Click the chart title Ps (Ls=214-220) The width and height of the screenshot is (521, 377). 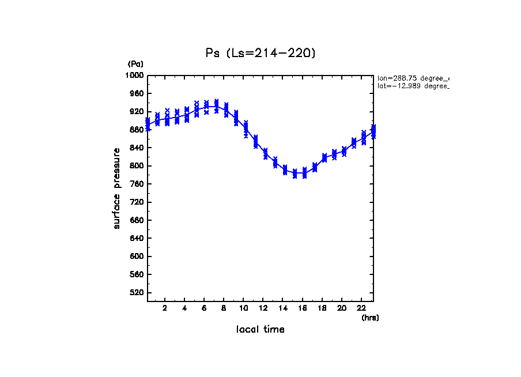(260, 53)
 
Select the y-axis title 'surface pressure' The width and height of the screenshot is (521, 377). (117, 188)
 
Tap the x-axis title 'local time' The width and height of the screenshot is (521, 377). (260, 330)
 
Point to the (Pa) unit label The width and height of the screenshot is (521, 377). (135, 64)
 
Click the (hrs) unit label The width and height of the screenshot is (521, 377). (370, 318)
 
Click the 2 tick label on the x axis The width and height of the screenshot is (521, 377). (165, 308)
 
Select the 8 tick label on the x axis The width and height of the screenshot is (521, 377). (224, 308)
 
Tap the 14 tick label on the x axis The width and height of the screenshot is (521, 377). (283, 308)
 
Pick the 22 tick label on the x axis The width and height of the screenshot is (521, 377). (361, 308)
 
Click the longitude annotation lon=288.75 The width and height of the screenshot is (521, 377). (412, 78)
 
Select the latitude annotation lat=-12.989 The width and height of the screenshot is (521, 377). (412, 86)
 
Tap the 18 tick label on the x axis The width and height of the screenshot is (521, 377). (322, 308)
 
